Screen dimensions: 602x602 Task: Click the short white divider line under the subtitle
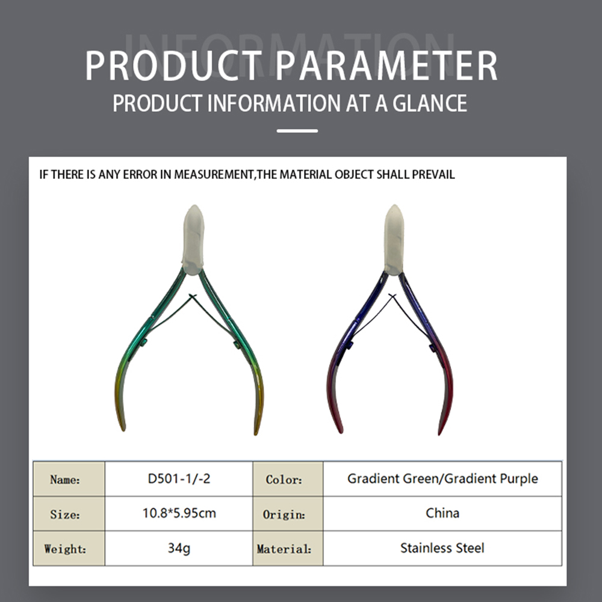coord(297,131)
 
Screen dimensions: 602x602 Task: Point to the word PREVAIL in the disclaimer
coord(433,175)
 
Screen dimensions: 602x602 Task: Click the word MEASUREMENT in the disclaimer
coord(214,175)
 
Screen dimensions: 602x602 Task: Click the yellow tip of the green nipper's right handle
coord(257,430)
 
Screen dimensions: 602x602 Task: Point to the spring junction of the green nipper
coord(193,295)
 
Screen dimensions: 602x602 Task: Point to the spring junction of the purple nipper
coord(392,295)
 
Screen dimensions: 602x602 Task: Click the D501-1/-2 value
coord(179,479)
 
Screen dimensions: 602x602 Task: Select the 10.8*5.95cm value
coord(179,514)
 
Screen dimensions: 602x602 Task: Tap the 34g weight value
coord(179,548)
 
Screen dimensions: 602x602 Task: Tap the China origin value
coord(442,514)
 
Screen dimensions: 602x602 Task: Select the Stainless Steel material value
coord(442,548)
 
